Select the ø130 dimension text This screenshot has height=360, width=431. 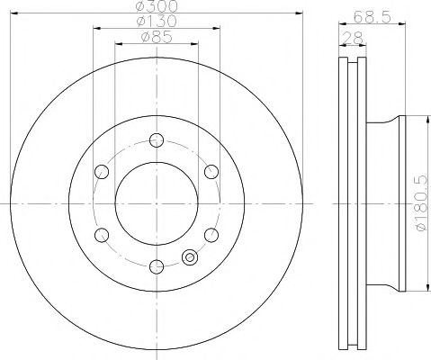157,21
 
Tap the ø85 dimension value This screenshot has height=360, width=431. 157,37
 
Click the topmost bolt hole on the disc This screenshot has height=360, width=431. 157,139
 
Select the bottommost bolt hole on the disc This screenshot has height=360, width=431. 157,265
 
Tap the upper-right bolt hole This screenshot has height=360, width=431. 211,171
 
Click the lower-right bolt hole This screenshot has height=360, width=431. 211,234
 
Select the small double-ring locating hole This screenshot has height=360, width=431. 189,258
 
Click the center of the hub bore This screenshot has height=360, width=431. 157,202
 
